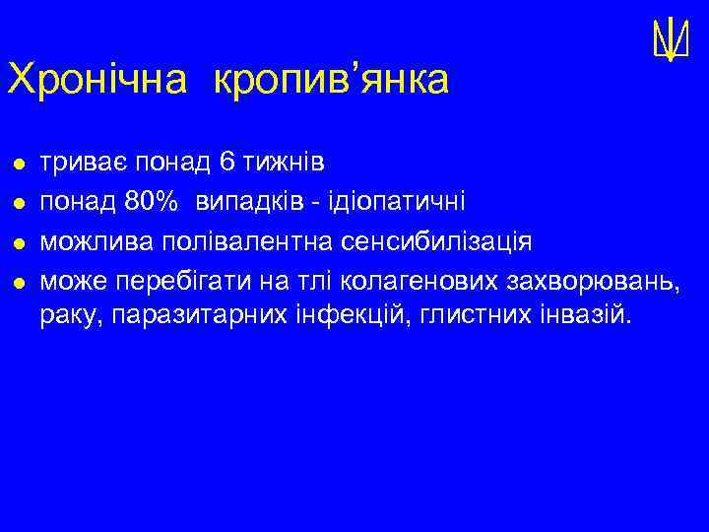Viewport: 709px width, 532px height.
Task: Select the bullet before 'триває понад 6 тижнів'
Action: (17, 161)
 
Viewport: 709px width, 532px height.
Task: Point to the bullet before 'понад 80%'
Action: (17, 203)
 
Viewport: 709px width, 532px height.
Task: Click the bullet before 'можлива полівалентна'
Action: (17, 243)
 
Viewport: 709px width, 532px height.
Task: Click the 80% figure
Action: (152, 202)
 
